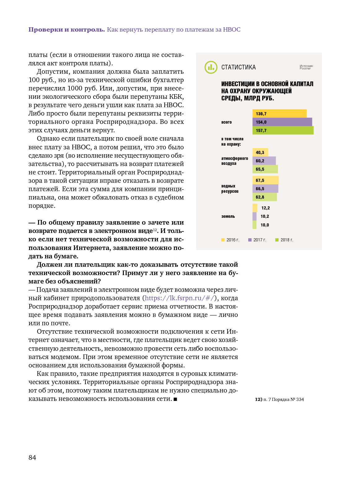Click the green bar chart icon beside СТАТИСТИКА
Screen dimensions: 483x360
point(211,67)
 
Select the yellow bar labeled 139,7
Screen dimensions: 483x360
point(279,114)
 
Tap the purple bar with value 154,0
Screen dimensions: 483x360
point(282,122)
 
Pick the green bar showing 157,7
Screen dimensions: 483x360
point(283,130)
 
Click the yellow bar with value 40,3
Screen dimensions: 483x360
point(260,152)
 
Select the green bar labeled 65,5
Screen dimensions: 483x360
point(265,169)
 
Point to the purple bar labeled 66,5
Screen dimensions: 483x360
point(265,189)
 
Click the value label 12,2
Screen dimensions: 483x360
point(265,208)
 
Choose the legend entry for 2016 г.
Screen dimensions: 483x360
point(230,240)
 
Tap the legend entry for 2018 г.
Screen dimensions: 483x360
point(284,240)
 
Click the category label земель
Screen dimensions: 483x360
point(228,216)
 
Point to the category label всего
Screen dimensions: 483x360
point(227,122)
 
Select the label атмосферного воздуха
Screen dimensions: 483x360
point(234,161)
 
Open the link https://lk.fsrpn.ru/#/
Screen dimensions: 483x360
point(180,298)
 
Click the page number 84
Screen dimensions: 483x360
point(32,458)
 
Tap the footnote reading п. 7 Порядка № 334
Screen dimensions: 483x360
point(279,399)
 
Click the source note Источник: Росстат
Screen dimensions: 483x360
point(306,67)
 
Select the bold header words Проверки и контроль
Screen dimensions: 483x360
point(67,30)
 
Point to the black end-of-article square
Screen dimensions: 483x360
point(175,399)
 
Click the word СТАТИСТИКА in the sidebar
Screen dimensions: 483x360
point(238,67)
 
